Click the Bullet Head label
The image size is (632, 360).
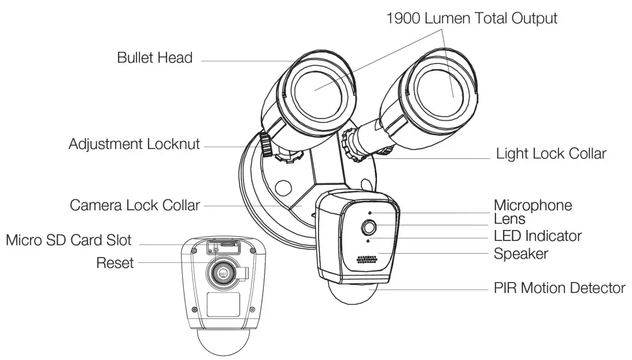click(x=154, y=58)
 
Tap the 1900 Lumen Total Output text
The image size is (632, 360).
click(x=471, y=18)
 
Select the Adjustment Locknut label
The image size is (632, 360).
click(x=134, y=144)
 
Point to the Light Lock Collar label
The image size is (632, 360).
click(x=551, y=154)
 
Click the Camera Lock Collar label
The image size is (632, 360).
click(x=135, y=205)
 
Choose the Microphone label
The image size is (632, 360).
click(x=533, y=205)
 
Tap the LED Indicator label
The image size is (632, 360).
click(x=537, y=236)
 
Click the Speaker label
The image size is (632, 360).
click(x=520, y=253)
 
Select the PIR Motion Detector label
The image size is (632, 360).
click(x=559, y=287)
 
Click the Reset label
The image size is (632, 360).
click(x=115, y=263)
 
